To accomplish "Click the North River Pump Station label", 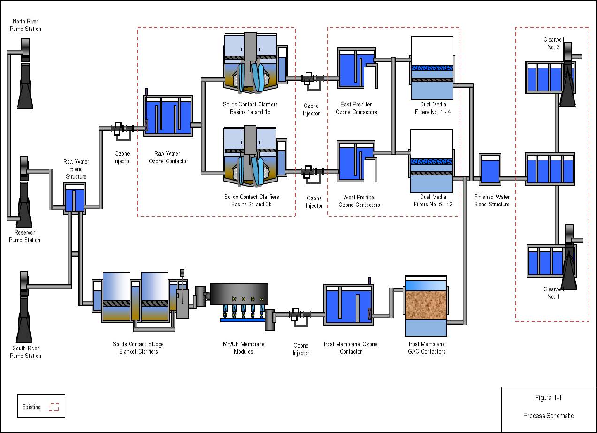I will click(x=27, y=25).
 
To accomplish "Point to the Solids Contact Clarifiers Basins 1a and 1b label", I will click(x=251, y=108).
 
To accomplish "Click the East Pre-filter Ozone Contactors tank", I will click(x=356, y=68).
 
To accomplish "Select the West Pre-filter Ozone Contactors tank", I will click(x=356, y=161).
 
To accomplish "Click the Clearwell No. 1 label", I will click(x=551, y=293).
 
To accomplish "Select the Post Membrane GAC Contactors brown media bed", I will click(x=426, y=304).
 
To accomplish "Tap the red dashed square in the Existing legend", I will click(x=54, y=407).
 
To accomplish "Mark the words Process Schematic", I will click(x=548, y=416).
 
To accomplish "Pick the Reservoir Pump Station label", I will click(x=24, y=236).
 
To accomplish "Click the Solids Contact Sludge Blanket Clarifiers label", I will click(x=138, y=348).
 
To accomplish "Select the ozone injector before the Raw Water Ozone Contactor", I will click(x=122, y=130).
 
